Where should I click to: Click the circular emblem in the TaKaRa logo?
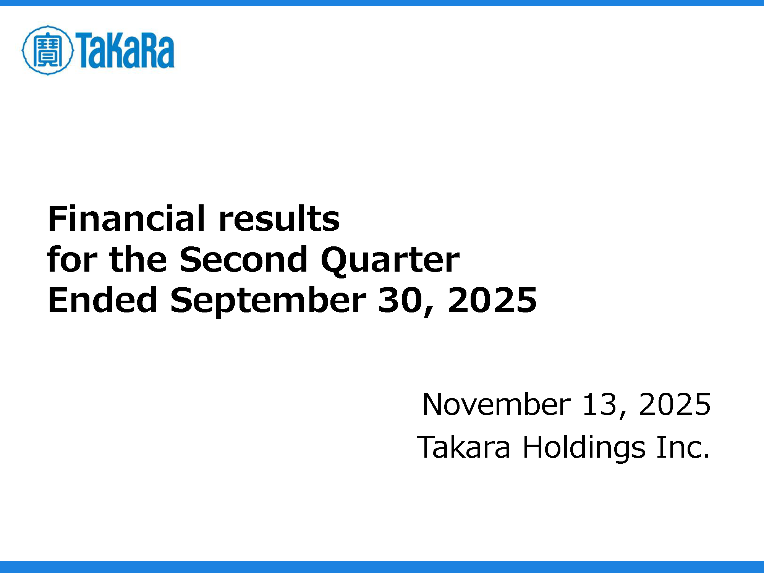(x=47, y=50)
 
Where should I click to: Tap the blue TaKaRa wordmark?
(x=125, y=50)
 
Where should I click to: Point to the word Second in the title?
(x=243, y=259)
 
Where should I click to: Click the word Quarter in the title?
(x=390, y=261)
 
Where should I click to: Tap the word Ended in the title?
(x=102, y=300)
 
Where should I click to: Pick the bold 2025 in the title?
(x=492, y=300)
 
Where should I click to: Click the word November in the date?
(x=497, y=405)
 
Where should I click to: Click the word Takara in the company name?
(x=463, y=447)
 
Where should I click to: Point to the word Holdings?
(x=584, y=448)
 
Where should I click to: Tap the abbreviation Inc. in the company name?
(x=683, y=447)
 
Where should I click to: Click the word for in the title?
(x=72, y=259)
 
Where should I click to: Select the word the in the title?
(x=138, y=259)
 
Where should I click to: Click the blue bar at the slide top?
(x=382, y=3)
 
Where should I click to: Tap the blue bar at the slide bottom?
(x=382, y=567)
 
